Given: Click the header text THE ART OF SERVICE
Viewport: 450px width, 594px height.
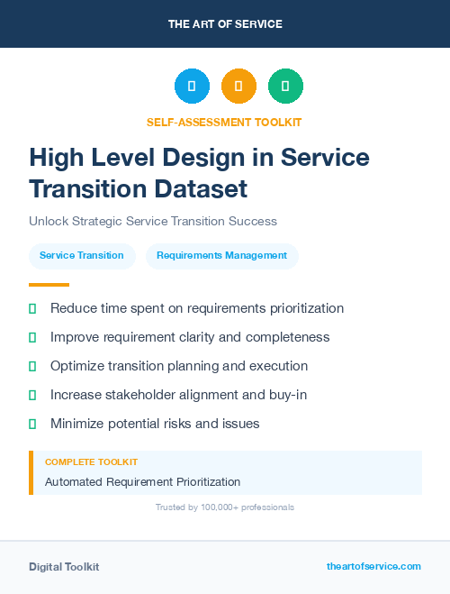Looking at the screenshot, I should (x=225, y=24).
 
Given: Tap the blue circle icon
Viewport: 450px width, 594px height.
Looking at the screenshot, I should (x=192, y=87).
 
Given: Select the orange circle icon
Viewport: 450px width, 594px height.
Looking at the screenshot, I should (x=238, y=87).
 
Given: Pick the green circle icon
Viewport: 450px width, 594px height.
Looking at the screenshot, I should (x=285, y=87).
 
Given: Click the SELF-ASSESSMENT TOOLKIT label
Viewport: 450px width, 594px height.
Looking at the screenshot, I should (x=224, y=122).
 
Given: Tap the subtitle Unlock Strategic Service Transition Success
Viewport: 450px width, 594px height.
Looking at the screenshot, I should (x=153, y=221).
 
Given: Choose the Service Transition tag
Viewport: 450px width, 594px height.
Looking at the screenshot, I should (x=82, y=256).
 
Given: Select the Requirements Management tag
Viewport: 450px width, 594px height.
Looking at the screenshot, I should (x=221, y=256).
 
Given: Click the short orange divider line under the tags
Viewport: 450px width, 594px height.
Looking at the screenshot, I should (x=43, y=284).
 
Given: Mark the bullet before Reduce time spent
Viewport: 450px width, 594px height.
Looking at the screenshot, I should (x=32, y=309).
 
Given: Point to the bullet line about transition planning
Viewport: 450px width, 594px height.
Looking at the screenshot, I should (x=179, y=366).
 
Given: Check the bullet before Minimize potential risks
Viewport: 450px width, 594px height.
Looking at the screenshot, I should (x=32, y=424).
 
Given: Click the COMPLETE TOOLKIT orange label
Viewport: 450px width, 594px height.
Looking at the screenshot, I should (x=91, y=461).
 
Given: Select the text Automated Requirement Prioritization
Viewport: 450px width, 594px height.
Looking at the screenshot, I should (x=142, y=482).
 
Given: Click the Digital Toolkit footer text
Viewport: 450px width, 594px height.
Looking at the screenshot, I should (x=64, y=567).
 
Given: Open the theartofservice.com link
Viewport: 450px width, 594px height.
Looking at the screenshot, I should (x=373, y=566).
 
